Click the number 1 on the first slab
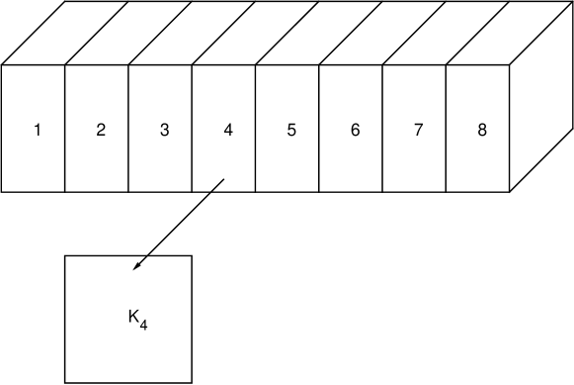click(x=37, y=130)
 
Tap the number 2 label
click(x=101, y=130)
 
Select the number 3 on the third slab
click(x=164, y=130)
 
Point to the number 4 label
click(x=228, y=130)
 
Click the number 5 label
click(x=291, y=130)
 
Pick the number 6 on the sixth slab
click(x=355, y=130)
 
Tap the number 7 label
click(x=419, y=130)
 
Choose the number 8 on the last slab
click(x=482, y=130)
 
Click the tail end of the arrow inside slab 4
click(x=224, y=179)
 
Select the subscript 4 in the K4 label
click(x=144, y=324)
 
